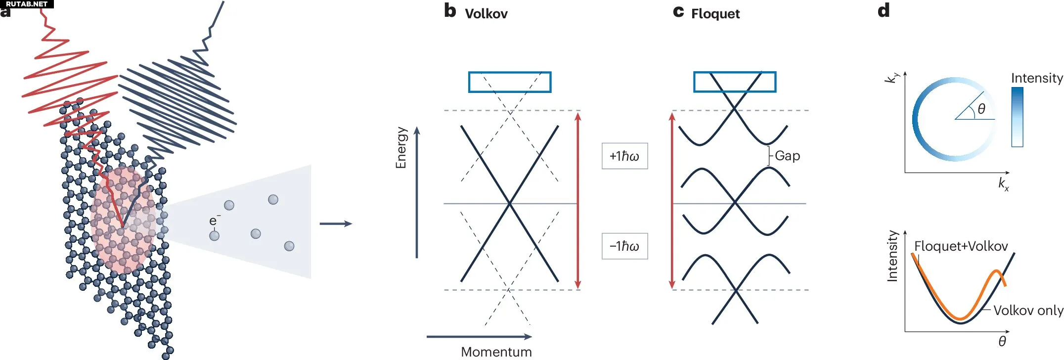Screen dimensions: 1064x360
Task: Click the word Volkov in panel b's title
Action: tap(486, 14)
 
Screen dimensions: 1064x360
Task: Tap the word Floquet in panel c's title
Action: tap(715, 14)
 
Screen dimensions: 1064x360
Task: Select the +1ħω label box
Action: tap(624, 156)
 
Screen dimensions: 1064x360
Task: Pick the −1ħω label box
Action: tap(624, 246)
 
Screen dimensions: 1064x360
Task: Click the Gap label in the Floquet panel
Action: tap(787, 156)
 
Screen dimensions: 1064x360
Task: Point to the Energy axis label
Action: tap(401, 147)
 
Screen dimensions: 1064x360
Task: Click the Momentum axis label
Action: tap(496, 352)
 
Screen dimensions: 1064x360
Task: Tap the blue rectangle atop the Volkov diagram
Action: tap(510, 82)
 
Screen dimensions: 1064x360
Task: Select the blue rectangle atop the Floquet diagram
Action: tap(735, 82)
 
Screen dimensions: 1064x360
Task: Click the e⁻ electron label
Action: tap(214, 220)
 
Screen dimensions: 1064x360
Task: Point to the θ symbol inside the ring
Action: tap(981, 109)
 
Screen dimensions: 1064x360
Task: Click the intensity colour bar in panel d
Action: tap(1017, 117)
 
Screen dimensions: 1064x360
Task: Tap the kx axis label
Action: tap(1003, 184)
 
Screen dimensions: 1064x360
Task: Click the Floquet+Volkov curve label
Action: tap(961, 246)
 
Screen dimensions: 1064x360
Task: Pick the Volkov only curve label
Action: tap(1028, 311)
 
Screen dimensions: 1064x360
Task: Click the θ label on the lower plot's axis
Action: tap(1002, 341)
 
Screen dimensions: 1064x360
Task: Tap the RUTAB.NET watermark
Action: tap(27, 4)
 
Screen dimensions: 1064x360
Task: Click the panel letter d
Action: tap(884, 10)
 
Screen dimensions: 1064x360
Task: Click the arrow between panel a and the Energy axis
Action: tap(336, 224)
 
